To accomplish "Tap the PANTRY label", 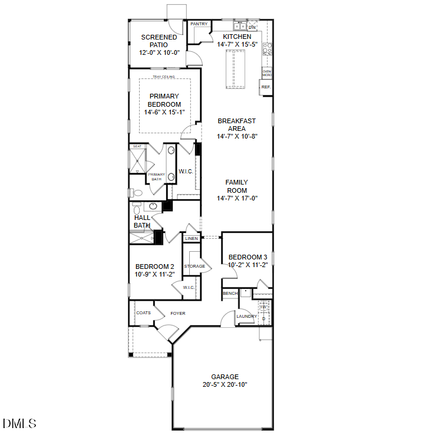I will click(x=199, y=24).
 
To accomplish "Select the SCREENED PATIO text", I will click(x=159, y=41).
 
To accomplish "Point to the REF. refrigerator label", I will click(x=266, y=87).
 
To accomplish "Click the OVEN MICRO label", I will click(x=266, y=73).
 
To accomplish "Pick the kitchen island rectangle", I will click(x=234, y=70).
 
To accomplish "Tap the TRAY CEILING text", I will click(x=164, y=77).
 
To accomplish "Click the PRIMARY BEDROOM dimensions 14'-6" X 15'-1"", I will click(x=164, y=112).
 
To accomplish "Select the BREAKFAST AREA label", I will click(x=237, y=124).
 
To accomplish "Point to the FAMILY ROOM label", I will click(x=237, y=186).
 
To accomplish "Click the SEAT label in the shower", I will click(x=137, y=146).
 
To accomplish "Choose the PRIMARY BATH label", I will click(x=156, y=176).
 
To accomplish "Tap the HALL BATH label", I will click(x=142, y=221).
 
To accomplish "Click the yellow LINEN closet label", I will click(x=192, y=239).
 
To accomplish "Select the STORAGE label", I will click(x=194, y=267).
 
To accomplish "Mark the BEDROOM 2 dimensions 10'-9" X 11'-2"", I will click(x=155, y=274).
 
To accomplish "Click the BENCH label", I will click(x=229, y=294).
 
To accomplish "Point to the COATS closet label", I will click(x=143, y=313).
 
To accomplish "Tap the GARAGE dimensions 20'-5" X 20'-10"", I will click(x=225, y=384).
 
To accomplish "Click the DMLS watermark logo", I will click(x=19, y=423).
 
